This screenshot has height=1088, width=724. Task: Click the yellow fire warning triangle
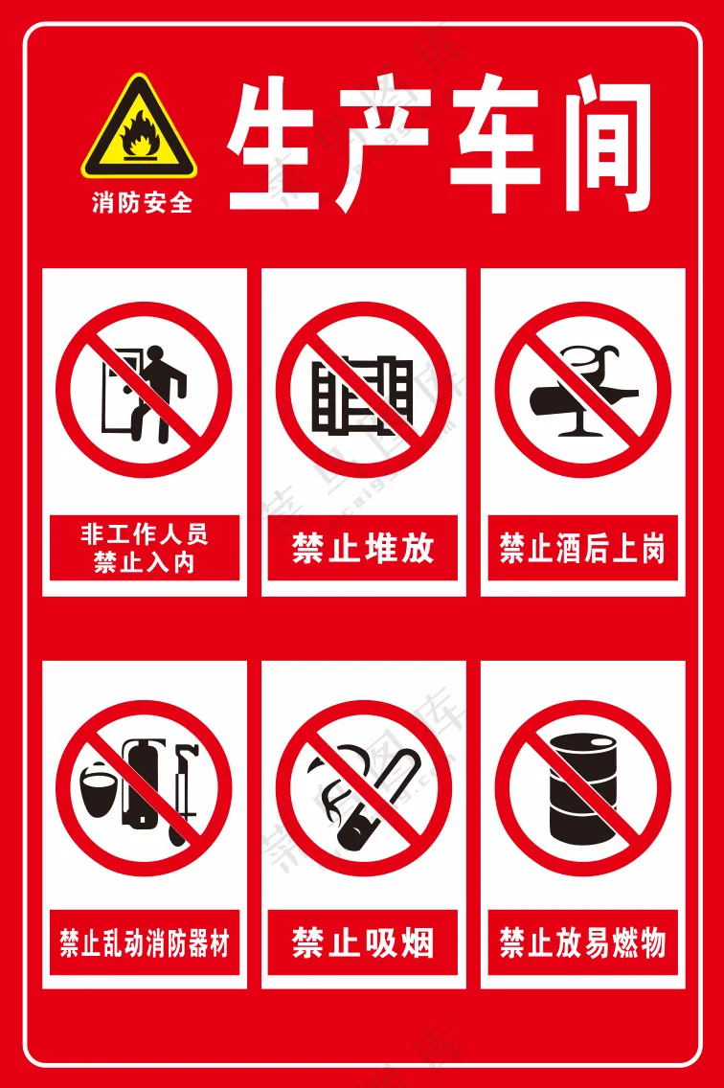(x=139, y=130)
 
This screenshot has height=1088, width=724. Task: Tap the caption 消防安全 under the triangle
(x=142, y=203)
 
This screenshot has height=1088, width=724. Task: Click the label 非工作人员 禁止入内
(x=145, y=547)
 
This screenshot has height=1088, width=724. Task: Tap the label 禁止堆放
(x=363, y=549)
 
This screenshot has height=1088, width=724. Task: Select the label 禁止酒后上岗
(x=582, y=549)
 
